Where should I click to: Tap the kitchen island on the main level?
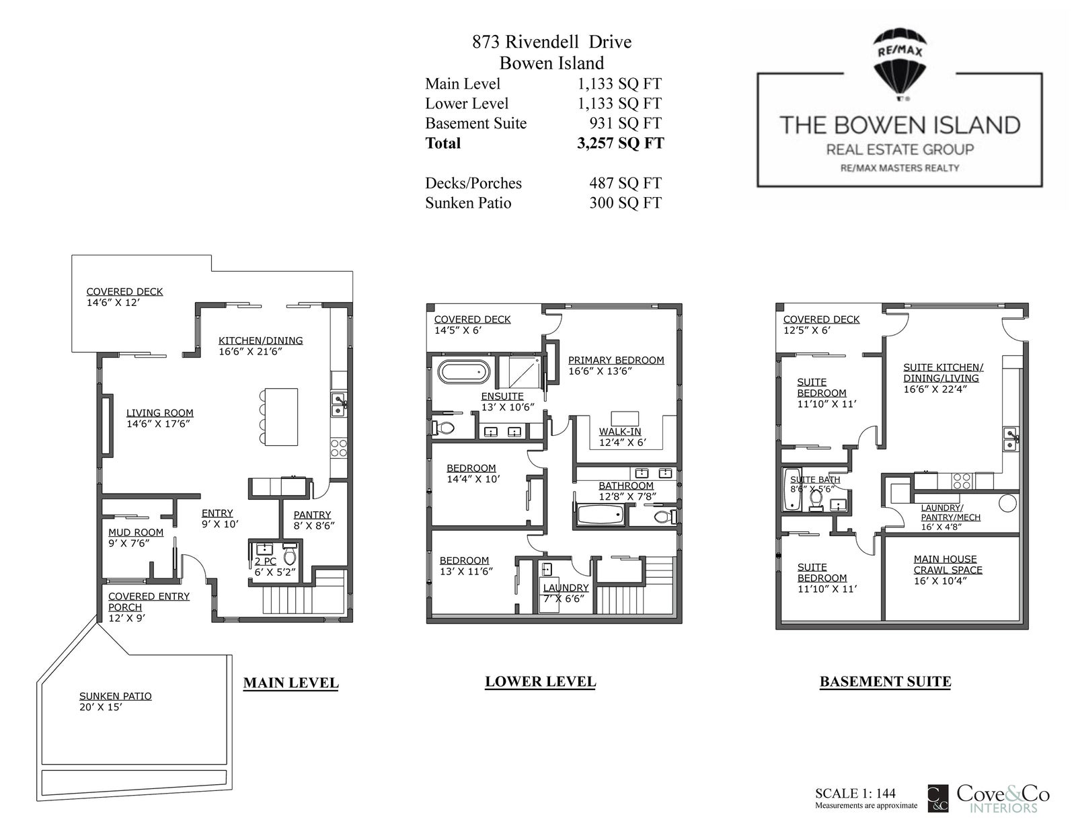[280, 417]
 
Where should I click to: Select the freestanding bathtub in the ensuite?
[464, 372]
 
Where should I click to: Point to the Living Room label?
[159, 413]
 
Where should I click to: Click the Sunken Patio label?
[116, 696]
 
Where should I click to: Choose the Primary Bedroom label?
[616, 360]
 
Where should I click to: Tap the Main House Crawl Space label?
[948, 564]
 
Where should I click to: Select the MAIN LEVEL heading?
[291, 683]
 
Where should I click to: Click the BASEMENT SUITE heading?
[886, 681]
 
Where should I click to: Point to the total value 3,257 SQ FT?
[621, 143]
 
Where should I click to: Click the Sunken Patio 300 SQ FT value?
[625, 202]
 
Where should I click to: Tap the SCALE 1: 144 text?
[855, 794]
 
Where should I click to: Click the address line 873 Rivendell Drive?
[551, 42]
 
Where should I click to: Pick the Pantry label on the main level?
[312, 515]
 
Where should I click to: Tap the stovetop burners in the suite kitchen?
[962, 482]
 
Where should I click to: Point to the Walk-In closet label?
[620, 431]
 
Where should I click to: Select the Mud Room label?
[136, 533]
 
